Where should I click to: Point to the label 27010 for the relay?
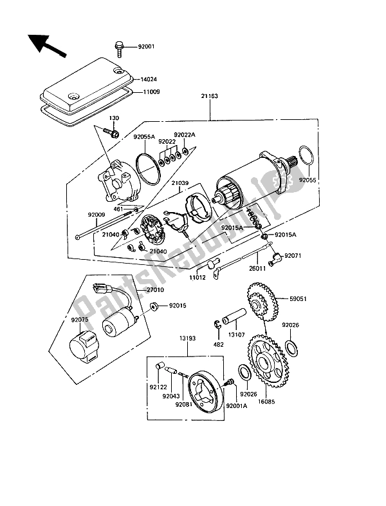(x=154, y=290)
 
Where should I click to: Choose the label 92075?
(x=81, y=320)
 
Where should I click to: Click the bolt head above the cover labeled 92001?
(x=120, y=46)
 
